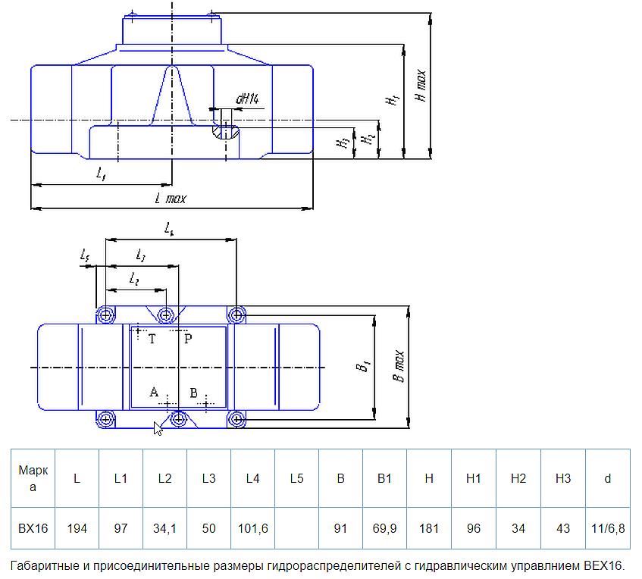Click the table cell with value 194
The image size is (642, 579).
click(77, 528)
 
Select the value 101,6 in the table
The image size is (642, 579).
click(252, 528)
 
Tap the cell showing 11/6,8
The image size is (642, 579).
click(607, 528)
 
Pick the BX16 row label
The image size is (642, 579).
click(33, 528)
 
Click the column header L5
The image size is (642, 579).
click(296, 478)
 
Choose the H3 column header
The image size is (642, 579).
click(562, 478)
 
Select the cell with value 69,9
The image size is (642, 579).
click(385, 528)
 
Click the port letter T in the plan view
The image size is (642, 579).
click(152, 340)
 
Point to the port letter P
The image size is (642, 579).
click(188, 340)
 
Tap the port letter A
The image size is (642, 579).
click(154, 392)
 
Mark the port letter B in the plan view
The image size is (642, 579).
click(193, 393)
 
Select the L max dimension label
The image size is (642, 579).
click(170, 199)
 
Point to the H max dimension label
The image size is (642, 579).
click(421, 85)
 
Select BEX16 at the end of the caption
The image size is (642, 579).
click(602, 565)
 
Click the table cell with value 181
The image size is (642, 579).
click(429, 528)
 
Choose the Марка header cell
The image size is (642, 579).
click(33, 478)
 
